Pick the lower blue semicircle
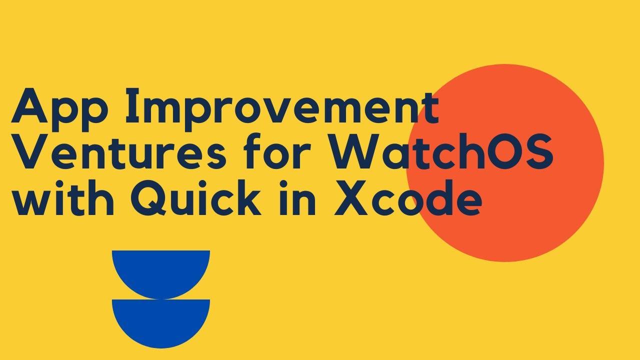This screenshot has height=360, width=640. [x=161, y=320]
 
